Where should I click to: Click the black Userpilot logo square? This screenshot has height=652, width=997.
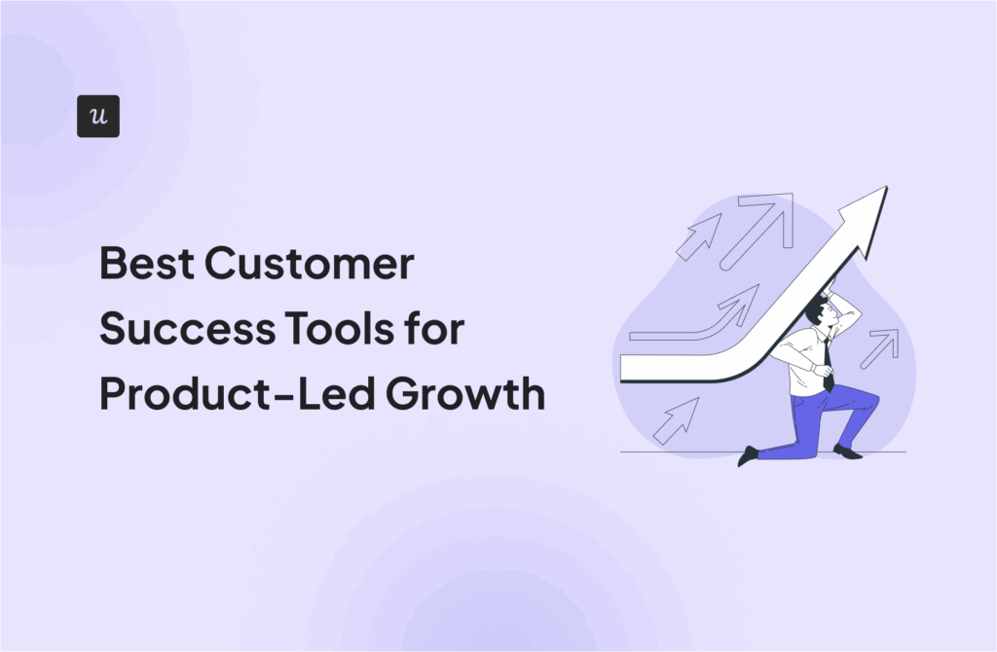tap(97, 116)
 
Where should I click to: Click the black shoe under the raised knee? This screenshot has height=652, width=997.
tap(847, 452)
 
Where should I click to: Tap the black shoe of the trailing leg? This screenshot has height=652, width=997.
tap(748, 456)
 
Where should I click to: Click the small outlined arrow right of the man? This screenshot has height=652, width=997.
tap(880, 347)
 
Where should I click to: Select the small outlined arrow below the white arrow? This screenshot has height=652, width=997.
tap(676, 419)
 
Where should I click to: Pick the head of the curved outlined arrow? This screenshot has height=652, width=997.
tap(746, 300)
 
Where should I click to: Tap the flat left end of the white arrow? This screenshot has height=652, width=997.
tap(624, 367)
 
